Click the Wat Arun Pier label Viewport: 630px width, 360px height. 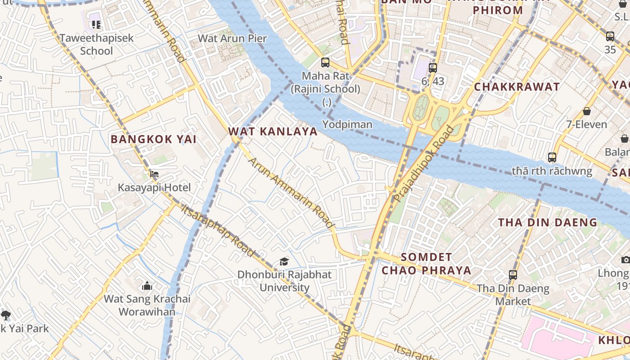(x=232, y=38)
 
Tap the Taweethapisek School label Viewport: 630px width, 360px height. (x=97, y=44)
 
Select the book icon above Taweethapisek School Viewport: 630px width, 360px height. (x=95, y=24)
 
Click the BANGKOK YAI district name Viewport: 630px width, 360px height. (x=153, y=139)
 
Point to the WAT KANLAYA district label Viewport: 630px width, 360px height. (x=273, y=132)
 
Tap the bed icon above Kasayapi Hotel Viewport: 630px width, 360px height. (x=154, y=174)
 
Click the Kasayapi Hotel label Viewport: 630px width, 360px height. (x=154, y=188)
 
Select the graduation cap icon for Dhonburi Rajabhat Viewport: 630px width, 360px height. (x=284, y=261)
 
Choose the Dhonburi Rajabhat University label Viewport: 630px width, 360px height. (x=284, y=281)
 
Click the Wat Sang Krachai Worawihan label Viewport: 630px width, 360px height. (x=147, y=305)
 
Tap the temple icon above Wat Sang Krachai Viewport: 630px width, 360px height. (x=147, y=286)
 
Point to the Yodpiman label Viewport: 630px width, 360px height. (x=347, y=125)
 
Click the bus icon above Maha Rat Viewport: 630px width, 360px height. (x=325, y=63)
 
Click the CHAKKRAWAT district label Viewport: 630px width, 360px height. (x=517, y=87)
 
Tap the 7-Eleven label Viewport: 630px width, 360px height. (x=586, y=124)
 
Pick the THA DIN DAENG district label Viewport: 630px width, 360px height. (x=548, y=222)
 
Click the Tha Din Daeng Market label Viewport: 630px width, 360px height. (x=513, y=295)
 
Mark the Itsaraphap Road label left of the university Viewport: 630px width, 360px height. (x=218, y=230)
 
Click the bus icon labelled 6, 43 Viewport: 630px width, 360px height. (x=433, y=68)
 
